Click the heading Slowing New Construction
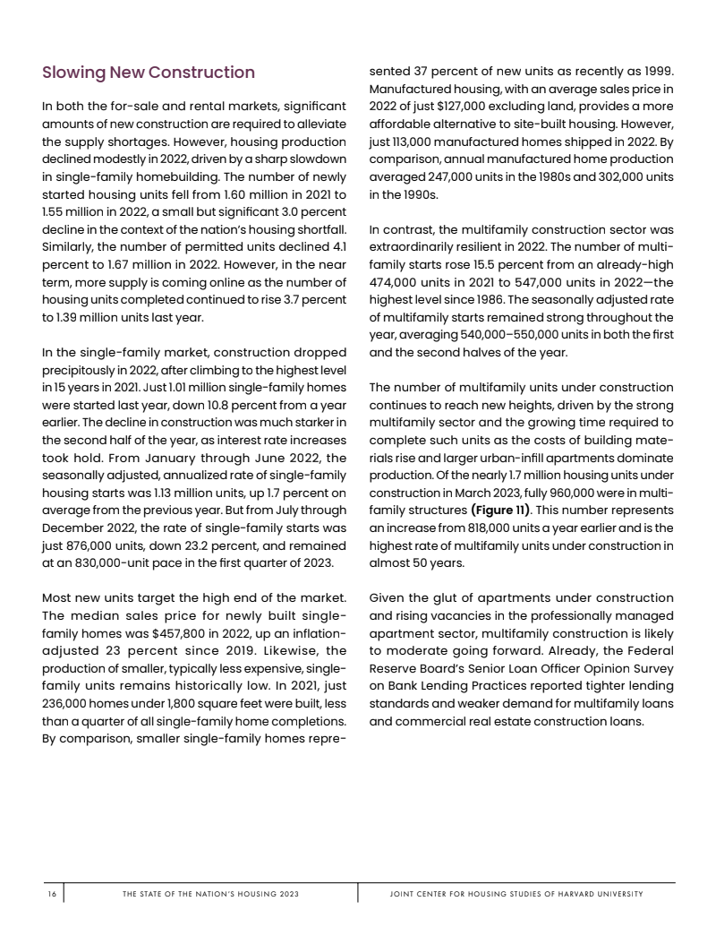[149, 73]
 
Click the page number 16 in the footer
[52, 894]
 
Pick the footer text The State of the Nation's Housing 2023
[210, 894]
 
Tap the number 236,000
[68, 702]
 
